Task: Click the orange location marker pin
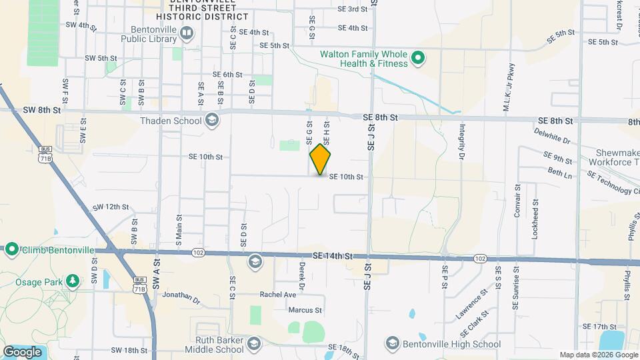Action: coord(321,160)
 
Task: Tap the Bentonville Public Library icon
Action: coord(187,33)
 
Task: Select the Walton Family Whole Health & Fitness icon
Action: coord(418,59)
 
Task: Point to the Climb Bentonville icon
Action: coord(11,250)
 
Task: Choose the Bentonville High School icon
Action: coord(393,344)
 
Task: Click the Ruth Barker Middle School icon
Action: coord(253,344)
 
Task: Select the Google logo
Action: coord(23,351)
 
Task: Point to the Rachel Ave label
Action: coord(277,294)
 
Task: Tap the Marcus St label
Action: coord(305,310)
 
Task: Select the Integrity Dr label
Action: coord(461,143)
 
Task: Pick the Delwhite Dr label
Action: coord(552,136)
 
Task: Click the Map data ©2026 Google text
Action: coord(597,355)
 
